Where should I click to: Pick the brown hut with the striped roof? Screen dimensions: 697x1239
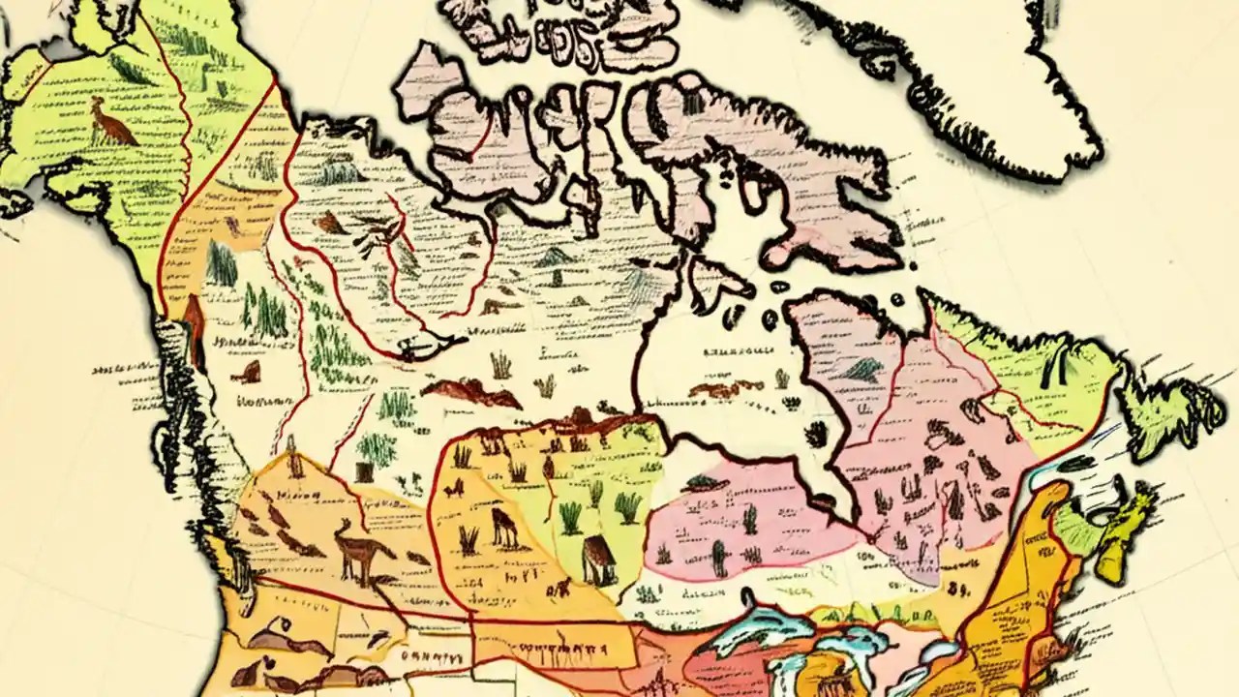click(x=599, y=561)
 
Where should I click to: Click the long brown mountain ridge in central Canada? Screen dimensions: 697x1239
click(x=469, y=392)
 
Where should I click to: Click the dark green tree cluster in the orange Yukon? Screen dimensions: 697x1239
click(x=221, y=263)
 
